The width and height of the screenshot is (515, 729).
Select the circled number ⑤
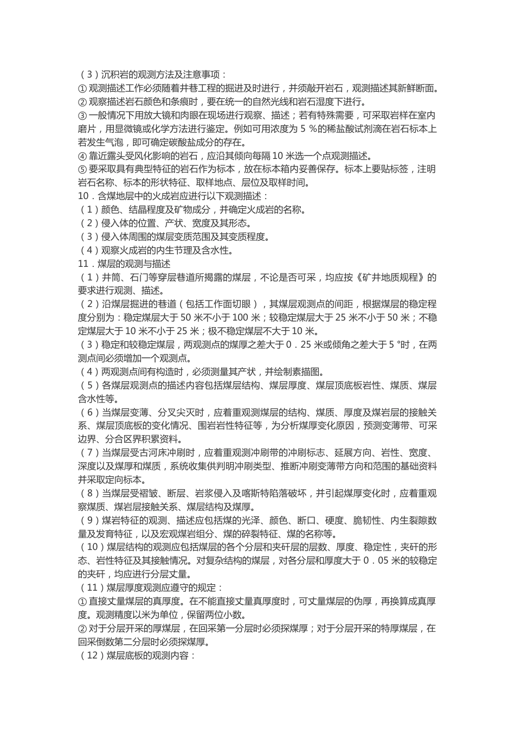(82, 169)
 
